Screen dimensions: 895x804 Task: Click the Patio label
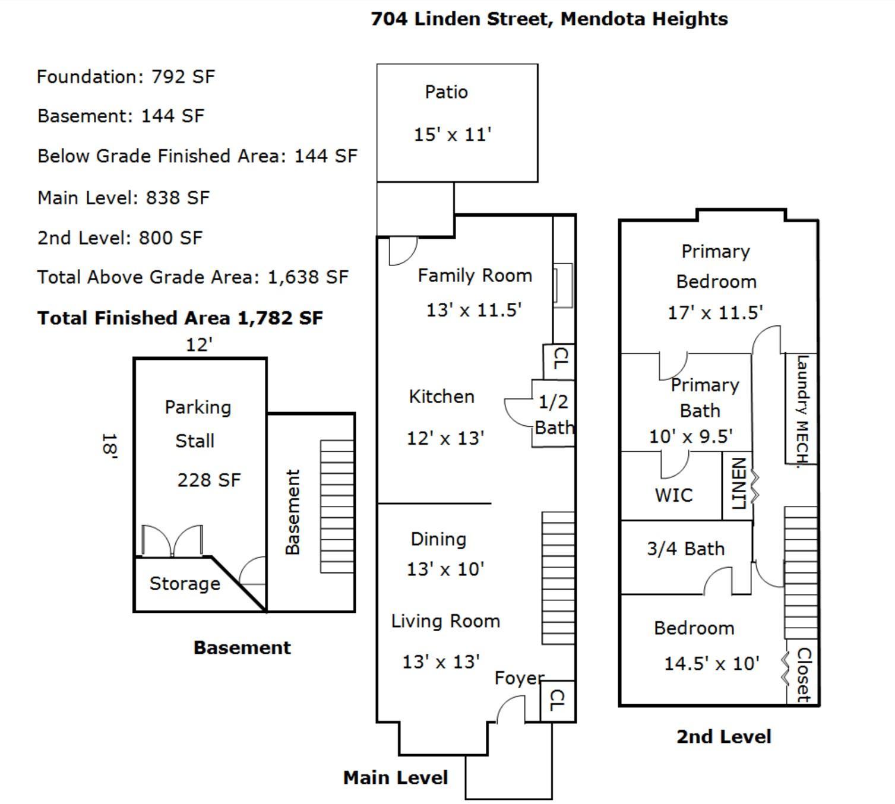click(x=446, y=92)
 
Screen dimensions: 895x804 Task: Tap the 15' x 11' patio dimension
click(x=453, y=134)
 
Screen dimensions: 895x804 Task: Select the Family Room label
click(x=475, y=276)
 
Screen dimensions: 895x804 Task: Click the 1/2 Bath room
click(x=554, y=413)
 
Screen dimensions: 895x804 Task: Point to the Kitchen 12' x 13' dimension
click(x=445, y=438)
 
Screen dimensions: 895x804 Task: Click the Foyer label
click(x=520, y=678)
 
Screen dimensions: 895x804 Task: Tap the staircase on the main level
click(x=558, y=578)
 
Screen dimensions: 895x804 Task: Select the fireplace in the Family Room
click(x=563, y=286)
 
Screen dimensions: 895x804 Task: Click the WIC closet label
click(x=673, y=495)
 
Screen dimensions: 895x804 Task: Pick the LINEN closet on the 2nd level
click(x=737, y=486)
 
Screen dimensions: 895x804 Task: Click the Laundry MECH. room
click(x=801, y=408)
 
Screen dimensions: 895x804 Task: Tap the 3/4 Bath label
click(x=686, y=549)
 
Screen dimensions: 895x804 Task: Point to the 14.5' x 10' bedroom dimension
click(x=711, y=663)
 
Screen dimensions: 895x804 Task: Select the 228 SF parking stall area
click(x=209, y=480)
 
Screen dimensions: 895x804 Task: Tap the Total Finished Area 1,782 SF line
click(x=180, y=318)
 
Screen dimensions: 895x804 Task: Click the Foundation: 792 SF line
click(x=126, y=77)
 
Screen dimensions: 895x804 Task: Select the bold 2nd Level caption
click(x=723, y=737)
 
